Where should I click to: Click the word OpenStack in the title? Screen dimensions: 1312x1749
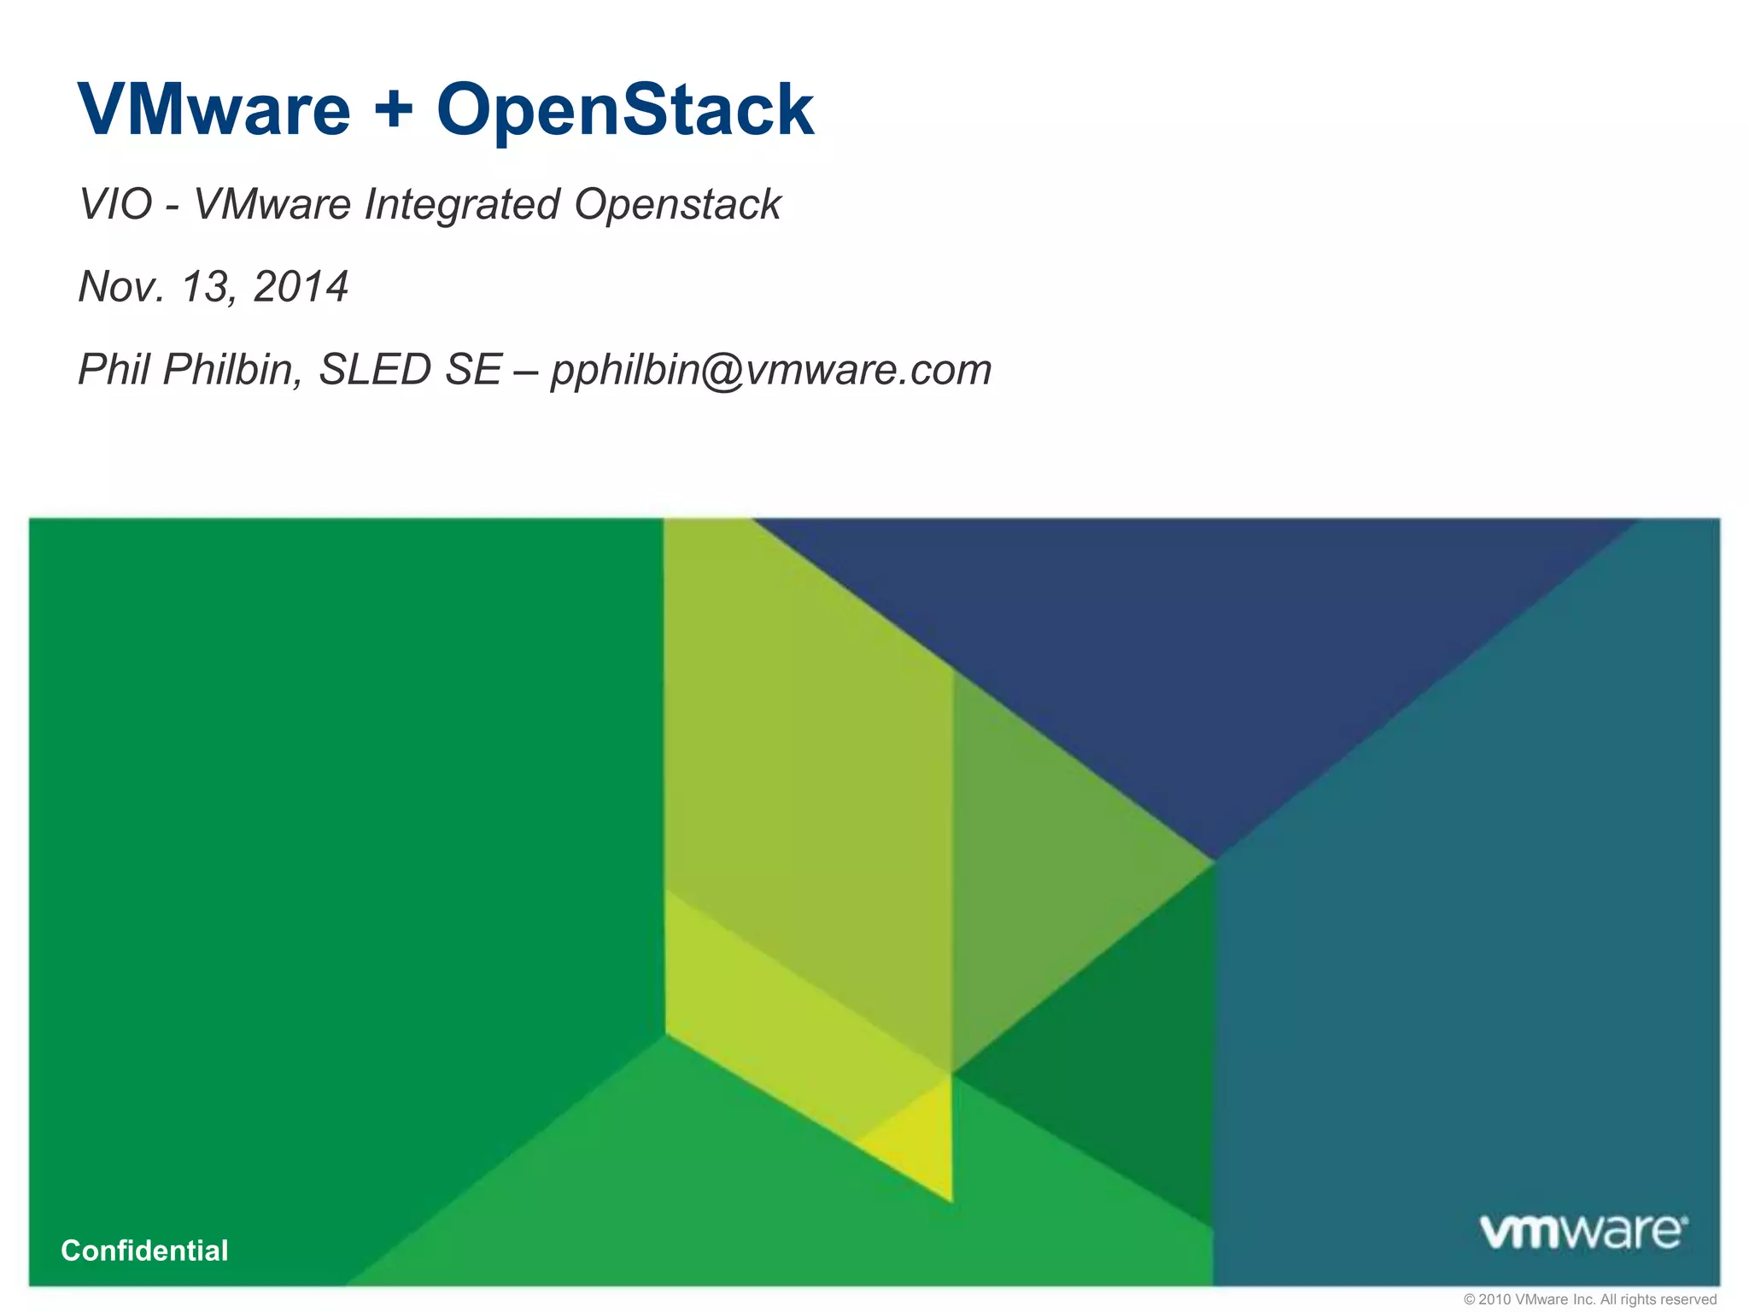point(625,109)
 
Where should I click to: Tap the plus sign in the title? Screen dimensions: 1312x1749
point(394,109)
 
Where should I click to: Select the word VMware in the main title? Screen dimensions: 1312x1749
point(214,109)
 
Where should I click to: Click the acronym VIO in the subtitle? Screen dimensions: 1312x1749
point(115,204)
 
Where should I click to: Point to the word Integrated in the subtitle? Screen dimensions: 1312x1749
point(462,205)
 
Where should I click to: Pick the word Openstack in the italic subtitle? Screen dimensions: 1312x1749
point(677,205)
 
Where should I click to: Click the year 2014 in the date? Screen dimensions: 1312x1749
point(301,286)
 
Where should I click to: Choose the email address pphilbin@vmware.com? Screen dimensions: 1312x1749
point(771,370)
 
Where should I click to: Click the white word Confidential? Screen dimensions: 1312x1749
point(144,1250)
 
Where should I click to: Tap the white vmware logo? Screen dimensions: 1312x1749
point(1582,1231)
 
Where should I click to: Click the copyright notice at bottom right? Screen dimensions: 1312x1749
point(1589,1299)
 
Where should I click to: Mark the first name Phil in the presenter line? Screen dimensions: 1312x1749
point(114,369)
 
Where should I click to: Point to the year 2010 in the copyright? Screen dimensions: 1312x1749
point(1495,1299)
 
